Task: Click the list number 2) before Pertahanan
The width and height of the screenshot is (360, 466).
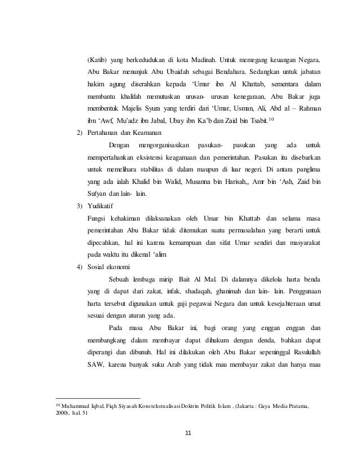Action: coord(80,132)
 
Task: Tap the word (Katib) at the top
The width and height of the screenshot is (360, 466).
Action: coord(97,59)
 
